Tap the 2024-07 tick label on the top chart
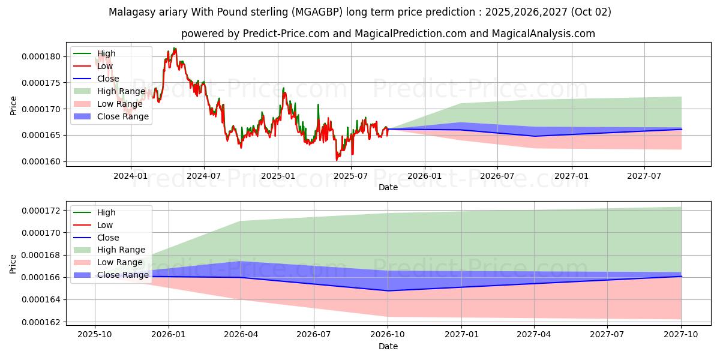(x=204, y=176)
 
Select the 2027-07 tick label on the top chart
(x=644, y=176)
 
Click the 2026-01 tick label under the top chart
(x=424, y=176)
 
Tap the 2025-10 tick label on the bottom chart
(x=95, y=335)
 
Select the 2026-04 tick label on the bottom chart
(x=241, y=335)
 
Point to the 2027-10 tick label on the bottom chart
(x=681, y=335)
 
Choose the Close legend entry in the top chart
(x=108, y=79)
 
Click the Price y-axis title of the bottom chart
(x=14, y=264)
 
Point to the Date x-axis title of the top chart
(x=388, y=187)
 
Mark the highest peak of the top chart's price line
(x=175, y=48)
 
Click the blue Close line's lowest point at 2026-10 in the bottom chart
(x=388, y=291)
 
